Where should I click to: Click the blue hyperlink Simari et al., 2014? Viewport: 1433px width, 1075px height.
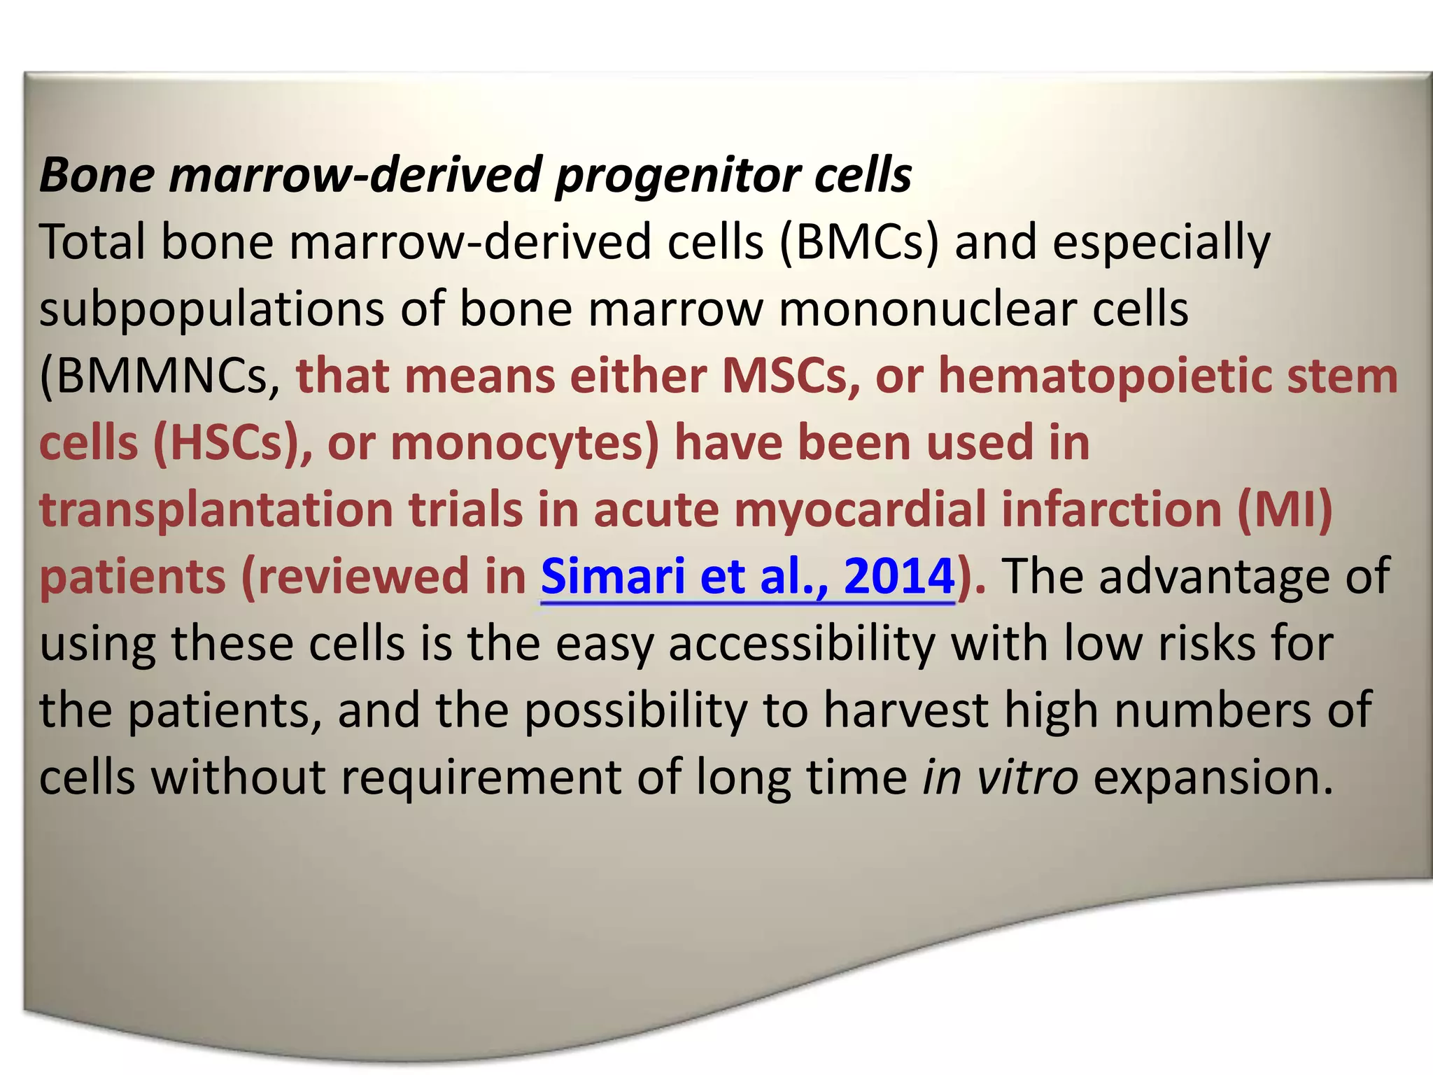click(747, 577)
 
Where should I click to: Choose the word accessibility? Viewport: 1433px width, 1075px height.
click(802, 644)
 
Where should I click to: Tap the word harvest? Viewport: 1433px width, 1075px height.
click(905, 711)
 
